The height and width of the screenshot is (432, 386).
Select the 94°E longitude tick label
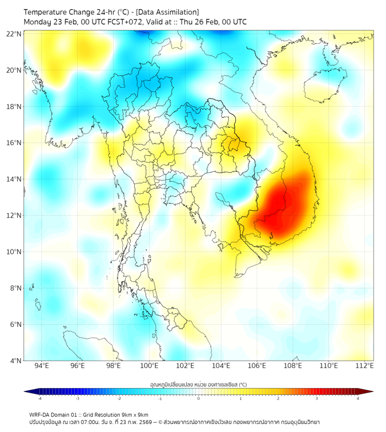pos(42,366)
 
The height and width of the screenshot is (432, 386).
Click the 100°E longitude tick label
pos(150,366)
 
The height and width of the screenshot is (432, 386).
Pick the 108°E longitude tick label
pos(293,366)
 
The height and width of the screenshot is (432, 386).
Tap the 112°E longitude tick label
pos(365,366)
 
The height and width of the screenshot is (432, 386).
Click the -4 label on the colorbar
pos(39,398)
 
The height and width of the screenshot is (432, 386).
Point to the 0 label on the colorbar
pos(199,398)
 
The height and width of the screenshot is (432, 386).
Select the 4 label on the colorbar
pos(358,398)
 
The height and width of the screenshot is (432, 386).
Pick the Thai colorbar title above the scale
pos(198,385)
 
